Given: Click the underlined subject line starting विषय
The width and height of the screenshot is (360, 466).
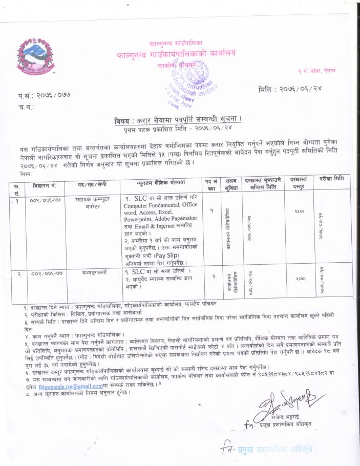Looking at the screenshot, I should point(178,121).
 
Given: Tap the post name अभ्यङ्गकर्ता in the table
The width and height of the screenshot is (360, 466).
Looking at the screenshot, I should point(90,271).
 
